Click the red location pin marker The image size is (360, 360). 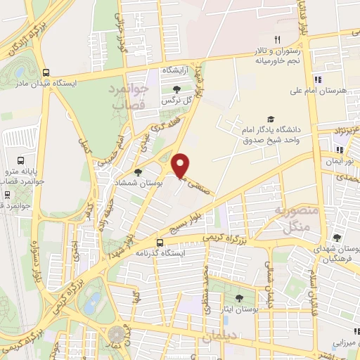click(x=181, y=166)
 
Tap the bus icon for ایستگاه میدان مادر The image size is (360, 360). click(x=46, y=72)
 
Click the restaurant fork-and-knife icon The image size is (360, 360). click(x=278, y=39)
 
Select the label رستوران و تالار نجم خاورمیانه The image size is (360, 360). click(x=288, y=56)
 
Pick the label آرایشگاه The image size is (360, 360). click(x=177, y=71)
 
